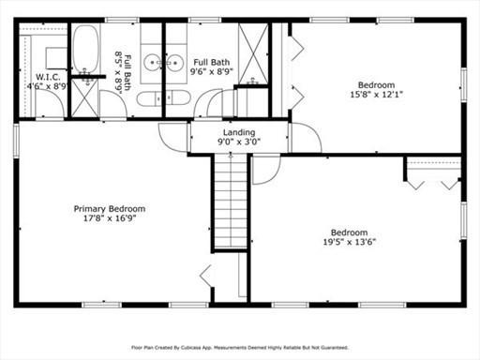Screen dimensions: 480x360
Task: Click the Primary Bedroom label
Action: click(110, 209)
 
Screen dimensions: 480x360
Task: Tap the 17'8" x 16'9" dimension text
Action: click(110, 218)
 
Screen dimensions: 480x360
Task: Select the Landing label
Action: click(239, 132)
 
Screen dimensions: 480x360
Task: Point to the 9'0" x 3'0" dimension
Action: click(239, 142)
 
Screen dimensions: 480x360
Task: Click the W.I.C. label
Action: click(48, 77)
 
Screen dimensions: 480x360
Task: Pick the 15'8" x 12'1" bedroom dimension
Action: click(376, 94)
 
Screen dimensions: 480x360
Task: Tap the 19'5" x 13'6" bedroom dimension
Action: click(350, 242)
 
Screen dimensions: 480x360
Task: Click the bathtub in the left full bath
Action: click(85, 50)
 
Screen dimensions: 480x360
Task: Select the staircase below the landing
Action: click(231, 202)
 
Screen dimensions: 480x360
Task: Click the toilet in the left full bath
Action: click(149, 99)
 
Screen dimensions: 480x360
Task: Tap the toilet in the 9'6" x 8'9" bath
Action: click(177, 98)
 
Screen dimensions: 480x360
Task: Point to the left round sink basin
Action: click(152, 63)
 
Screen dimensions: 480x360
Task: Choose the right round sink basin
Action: click(174, 63)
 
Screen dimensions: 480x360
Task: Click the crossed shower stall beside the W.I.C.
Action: click(84, 98)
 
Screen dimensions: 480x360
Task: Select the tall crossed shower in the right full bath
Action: click(253, 53)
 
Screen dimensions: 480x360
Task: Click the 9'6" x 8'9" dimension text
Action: click(212, 72)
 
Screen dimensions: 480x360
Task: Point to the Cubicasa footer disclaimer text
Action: click(240, 348)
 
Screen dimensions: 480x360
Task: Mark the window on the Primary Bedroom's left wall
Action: click(16, 140)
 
